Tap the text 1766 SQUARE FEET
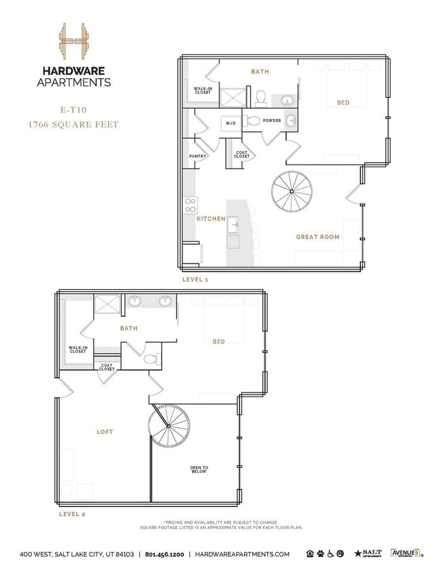point(73,124)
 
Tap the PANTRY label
point(198,156)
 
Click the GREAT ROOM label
point(317,237)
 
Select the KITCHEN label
point(211,219)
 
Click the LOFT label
point(105,432)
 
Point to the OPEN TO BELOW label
point(199,470)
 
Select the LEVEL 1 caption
point(196,280)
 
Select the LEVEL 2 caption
point(73,514)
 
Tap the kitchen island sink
point(233,224)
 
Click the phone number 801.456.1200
point(166,554)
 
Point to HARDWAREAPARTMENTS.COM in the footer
point(242,554)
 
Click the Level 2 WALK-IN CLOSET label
point(77,350)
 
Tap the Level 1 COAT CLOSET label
point(241,155)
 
